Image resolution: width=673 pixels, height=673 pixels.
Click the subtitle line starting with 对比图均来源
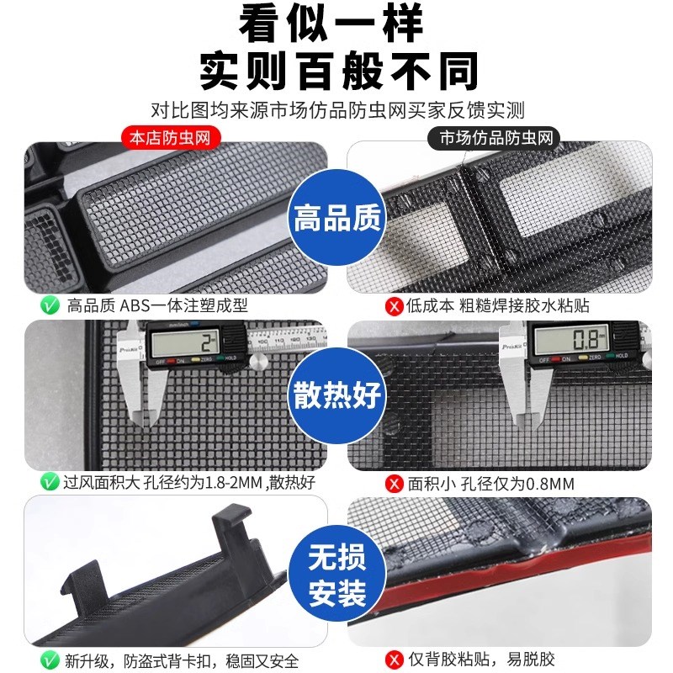(x=337, y=110)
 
